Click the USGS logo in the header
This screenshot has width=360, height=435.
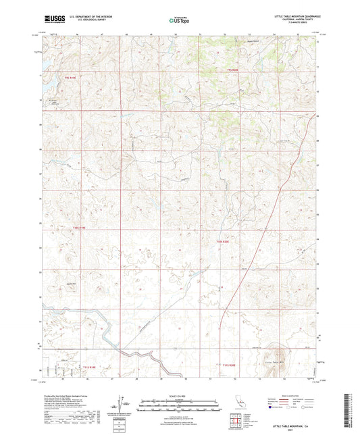[50, 20]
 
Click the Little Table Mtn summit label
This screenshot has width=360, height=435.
[276, 363]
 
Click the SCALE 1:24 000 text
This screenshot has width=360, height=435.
[180, 395]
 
